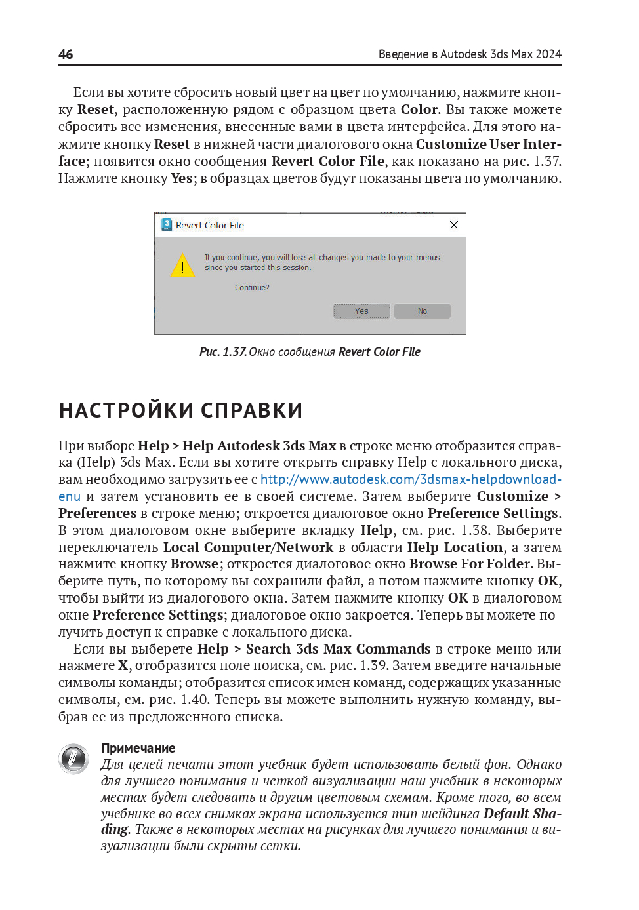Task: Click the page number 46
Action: [x=66, y=54]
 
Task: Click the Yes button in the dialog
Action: [x=361, y=311]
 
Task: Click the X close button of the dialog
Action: [x=454, y=225]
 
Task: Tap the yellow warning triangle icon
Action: [x=182, y=266]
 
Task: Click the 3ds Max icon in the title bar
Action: [x=167, y=225]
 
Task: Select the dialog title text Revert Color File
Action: [x=210, y=226]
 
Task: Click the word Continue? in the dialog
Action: [x=252, y=288]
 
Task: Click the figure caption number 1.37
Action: [x=234, y=352]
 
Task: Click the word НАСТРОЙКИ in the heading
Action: [x=126, y=410]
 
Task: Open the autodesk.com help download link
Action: [x=411, y=479]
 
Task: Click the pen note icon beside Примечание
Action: [x=73, y=759]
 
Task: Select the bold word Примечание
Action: [x=138, y=748]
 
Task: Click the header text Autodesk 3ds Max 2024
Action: [x=501, y=54]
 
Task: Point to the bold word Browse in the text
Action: [x=194, y=564]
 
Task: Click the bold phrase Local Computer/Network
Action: [x=248, y=547]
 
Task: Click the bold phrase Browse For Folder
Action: [x=470, y=564]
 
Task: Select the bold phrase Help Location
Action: [x=455, y=547]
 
